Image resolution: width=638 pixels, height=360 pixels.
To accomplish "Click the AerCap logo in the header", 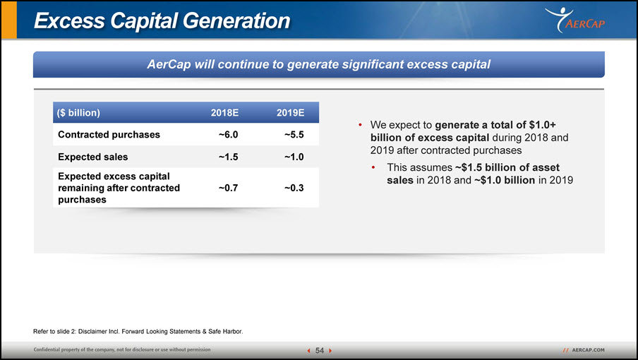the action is (x=575, y=20).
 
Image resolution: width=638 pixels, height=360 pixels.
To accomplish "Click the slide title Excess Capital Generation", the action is (x=162, y=20).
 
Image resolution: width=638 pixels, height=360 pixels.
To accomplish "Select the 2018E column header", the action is (x=224, y=113).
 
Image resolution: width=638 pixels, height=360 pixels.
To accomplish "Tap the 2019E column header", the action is (x=291, y=113).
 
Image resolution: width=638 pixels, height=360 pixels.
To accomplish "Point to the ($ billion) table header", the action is (x=78, y=113).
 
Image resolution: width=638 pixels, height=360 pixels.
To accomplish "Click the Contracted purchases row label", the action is (x=109, y=135).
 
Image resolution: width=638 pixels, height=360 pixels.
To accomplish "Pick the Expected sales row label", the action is (x=92, y=157).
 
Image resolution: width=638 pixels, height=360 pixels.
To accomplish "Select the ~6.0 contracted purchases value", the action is (x=228, y=135).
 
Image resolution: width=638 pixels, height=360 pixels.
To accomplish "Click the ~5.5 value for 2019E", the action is (x=294, y=135).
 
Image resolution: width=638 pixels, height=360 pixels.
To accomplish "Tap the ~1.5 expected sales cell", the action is (x=228, y=157).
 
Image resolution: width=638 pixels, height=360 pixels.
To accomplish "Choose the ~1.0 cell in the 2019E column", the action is (x=294, y=157).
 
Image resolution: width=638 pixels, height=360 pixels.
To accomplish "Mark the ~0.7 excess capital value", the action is (x=228, y=188).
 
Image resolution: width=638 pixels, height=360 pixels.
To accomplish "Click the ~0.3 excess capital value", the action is (x=294, y=188).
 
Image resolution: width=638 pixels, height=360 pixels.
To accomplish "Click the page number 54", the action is (x=320, y=351).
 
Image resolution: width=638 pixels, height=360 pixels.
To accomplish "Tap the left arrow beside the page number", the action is (x=309, y=351).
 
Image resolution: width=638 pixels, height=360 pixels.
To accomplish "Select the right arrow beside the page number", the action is (x=330, y=351).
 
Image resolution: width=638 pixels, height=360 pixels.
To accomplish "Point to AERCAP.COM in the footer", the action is (x=589, y=350).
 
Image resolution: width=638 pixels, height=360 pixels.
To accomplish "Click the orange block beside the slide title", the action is (x=9, y=20).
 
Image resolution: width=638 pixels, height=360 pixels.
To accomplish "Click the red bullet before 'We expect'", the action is (x=360, y=125).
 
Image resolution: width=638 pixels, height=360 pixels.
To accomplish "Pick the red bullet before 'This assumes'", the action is (x=373, y=167).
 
